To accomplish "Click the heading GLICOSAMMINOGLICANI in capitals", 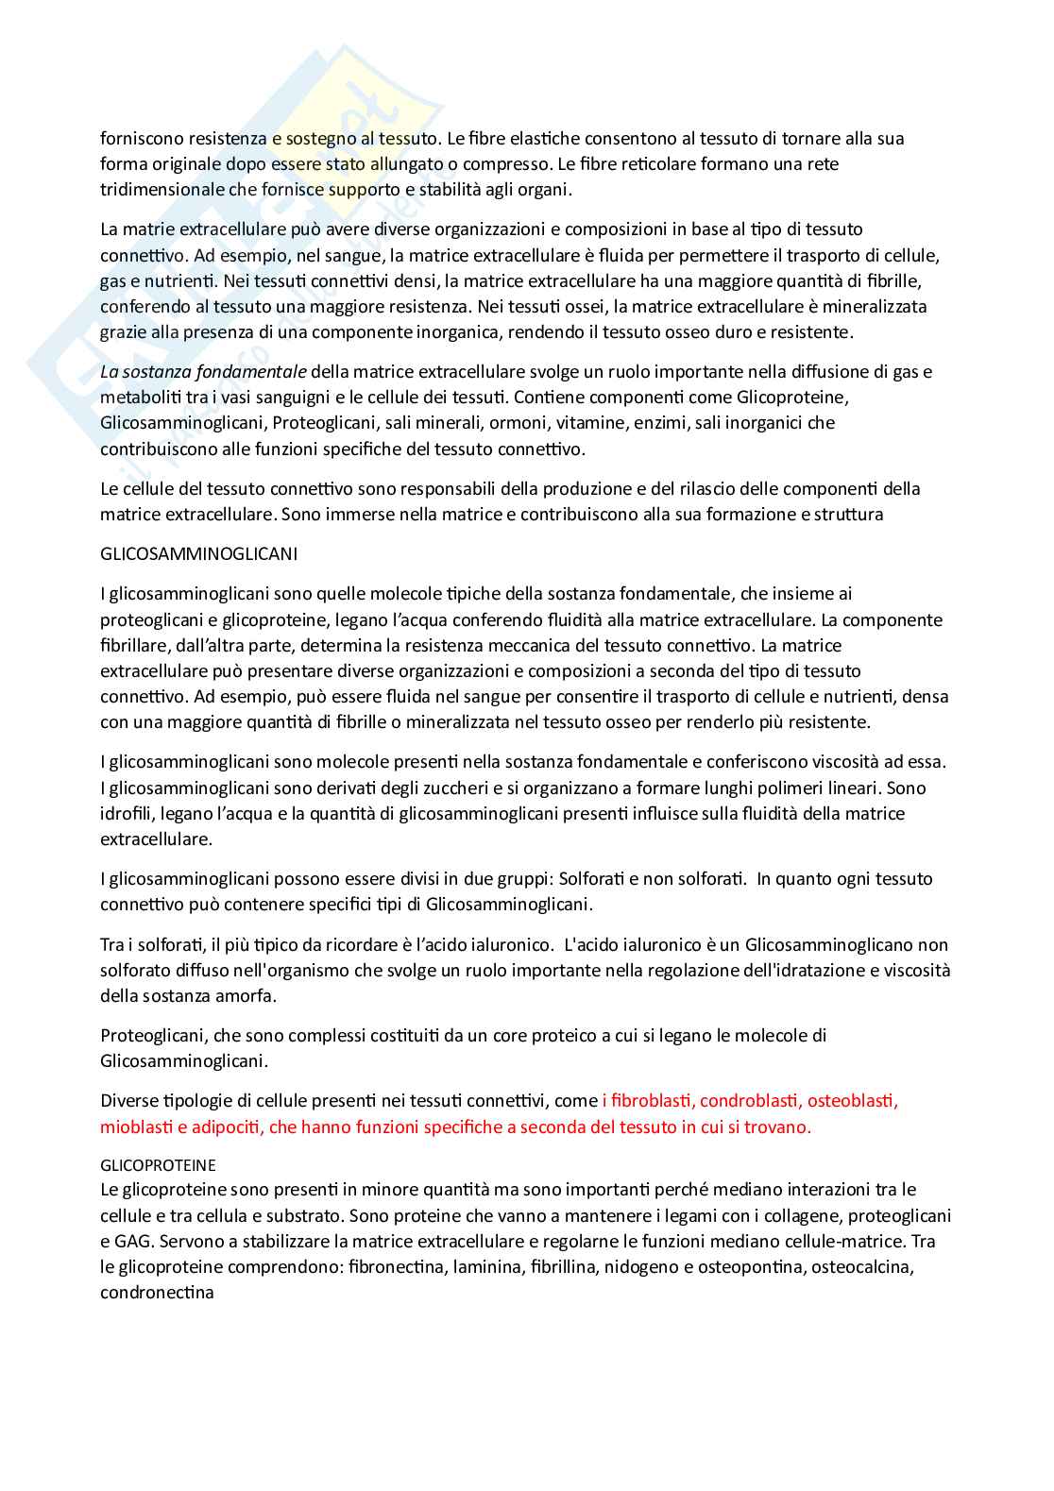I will [198, 554].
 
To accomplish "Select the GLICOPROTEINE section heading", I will [158, 1165].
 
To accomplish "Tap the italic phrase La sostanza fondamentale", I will [203, 372].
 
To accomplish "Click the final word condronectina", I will [157, 1293].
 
